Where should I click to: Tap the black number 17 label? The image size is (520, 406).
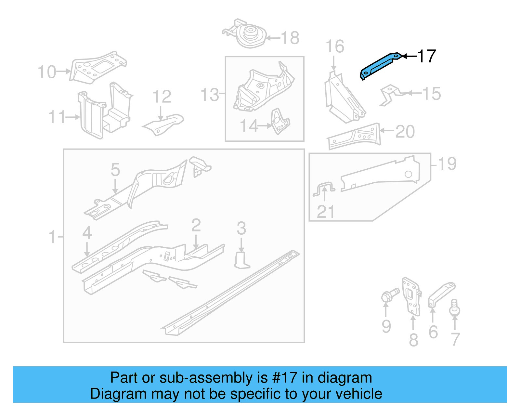coord(426,56)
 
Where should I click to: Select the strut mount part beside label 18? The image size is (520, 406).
coord(249,35)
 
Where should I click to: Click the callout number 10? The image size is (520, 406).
coord(47,72)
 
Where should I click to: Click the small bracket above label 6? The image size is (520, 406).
coord(441,294)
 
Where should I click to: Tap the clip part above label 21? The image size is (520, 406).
coord(324,189)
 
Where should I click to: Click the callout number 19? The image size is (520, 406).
coord(447,164)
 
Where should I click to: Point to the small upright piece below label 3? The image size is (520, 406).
coord(241,261)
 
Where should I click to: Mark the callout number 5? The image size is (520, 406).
coord(115,170)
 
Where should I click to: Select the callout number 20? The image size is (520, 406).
coord(405,132)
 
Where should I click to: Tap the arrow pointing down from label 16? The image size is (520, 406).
coord(334,63)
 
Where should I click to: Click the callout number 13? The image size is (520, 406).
coord(210,95)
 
